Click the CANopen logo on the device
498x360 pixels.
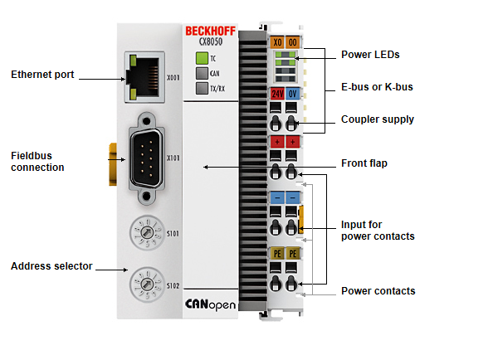point(210,304)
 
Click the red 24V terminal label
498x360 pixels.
point(276,93)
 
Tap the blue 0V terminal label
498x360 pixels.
point(293,93)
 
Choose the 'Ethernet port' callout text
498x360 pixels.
point(42,75)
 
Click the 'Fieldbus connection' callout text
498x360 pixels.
point(37,161)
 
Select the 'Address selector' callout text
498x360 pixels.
point(51,266)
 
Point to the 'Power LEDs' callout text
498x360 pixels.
point(370,55)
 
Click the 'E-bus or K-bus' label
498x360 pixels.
point(377,87)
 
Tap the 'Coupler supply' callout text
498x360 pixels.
point(377,119)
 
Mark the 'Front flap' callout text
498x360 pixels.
point(364,163)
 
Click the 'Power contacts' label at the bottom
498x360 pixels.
point(378,291)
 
